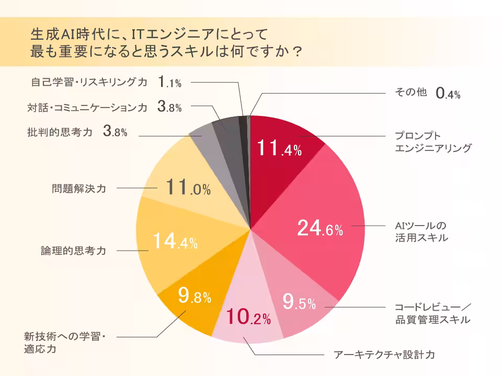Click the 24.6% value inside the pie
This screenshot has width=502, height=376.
pos(320,228)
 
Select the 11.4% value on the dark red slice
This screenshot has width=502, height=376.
pos(279,149)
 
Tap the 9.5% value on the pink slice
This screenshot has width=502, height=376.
pos(299,302)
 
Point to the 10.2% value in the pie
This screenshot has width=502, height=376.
pos(248,316)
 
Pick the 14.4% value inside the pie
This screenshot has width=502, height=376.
pos(175,241)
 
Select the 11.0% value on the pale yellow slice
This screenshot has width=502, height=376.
pos(188,188)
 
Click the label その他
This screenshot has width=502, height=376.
pos(410,92)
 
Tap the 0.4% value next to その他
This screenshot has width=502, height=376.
pos(448,94)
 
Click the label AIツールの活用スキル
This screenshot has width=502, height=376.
pos(421,232)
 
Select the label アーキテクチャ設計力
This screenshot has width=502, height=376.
pos(384,355)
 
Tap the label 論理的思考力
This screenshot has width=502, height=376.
pos(73,251)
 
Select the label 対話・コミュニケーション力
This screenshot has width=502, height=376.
pos(87,108)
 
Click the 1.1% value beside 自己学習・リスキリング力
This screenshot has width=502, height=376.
pos(169,82)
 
